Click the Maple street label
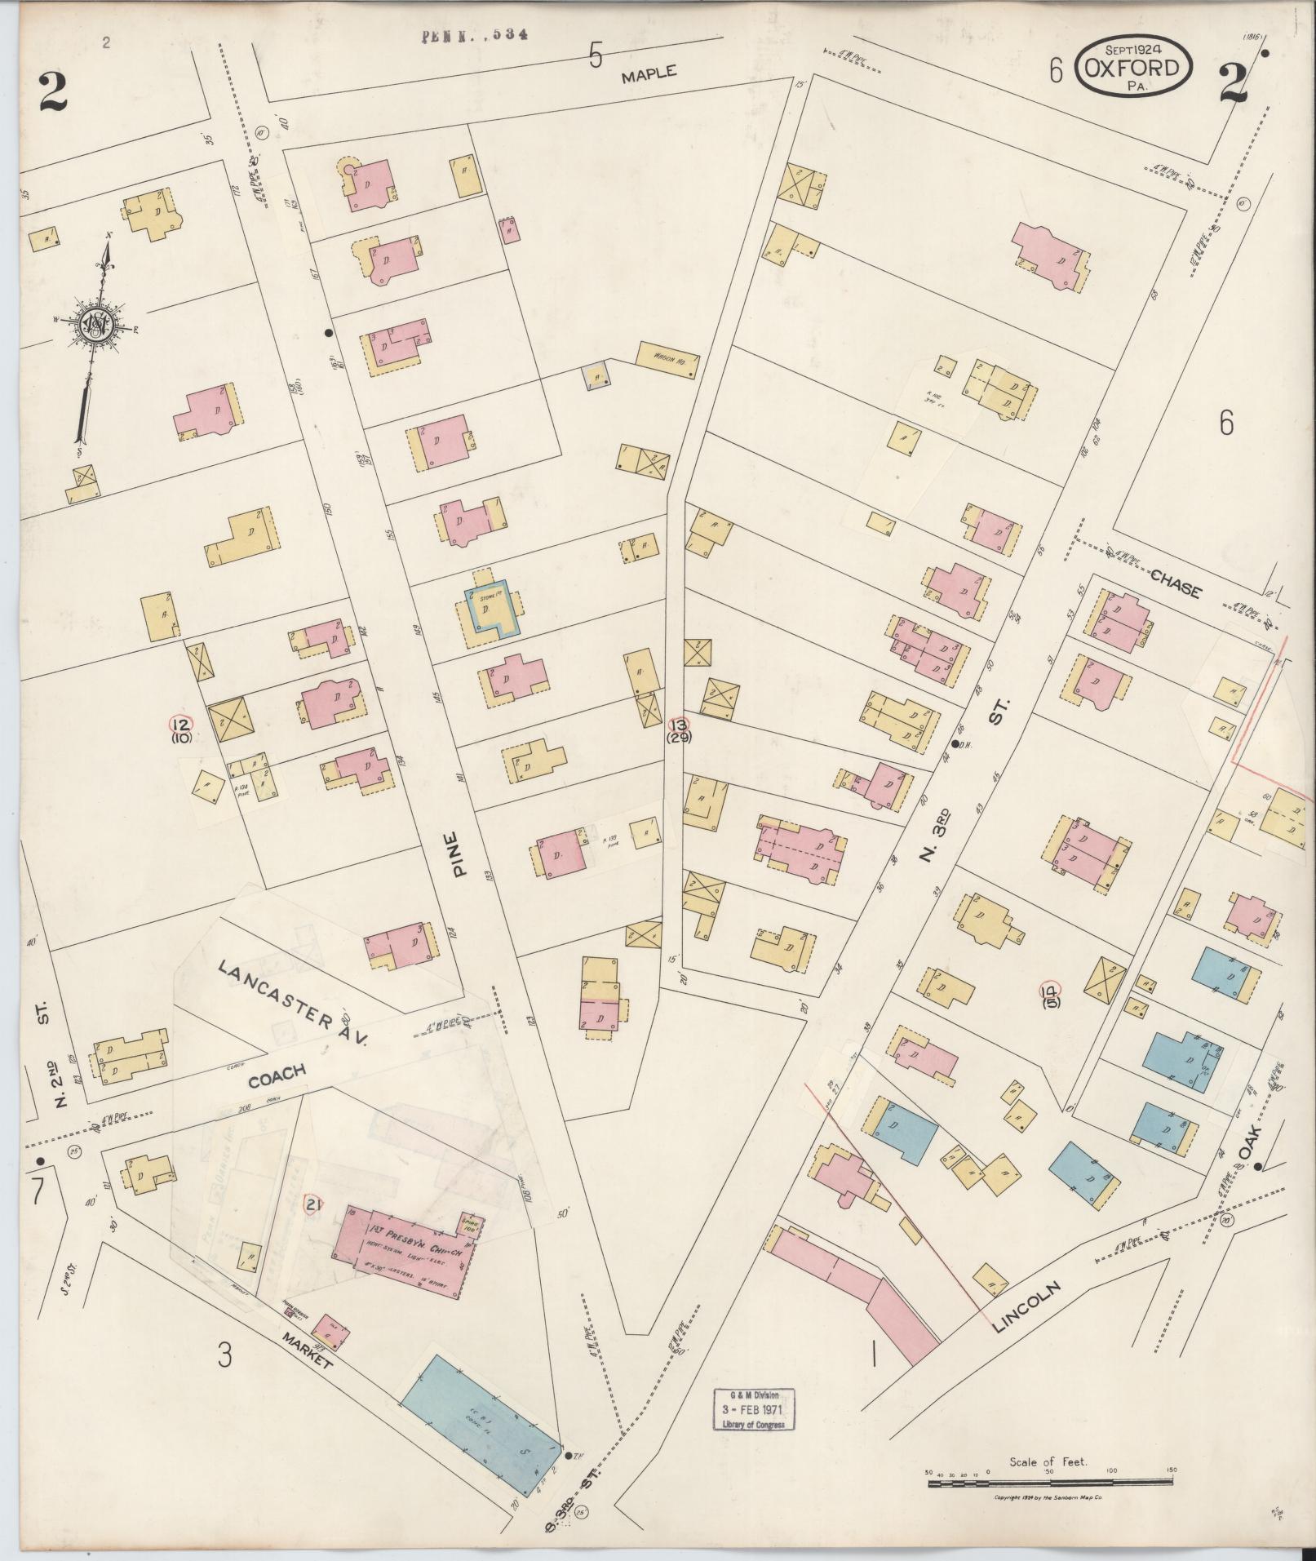pos(649,74)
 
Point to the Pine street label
pos(461,854)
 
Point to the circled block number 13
pos(678,724)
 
